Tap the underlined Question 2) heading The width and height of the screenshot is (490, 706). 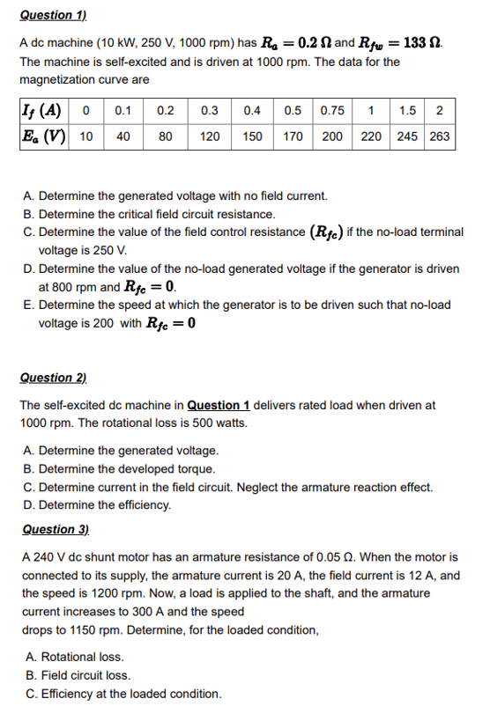(x=54, y=378)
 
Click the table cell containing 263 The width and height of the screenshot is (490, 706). (x=440, y=137)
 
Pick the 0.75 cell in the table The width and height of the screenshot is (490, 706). (x=332, y=111)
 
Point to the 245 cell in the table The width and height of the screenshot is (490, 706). (x=407, y=137)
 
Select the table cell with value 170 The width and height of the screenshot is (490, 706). (x=293, y=137)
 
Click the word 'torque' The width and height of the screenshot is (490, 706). (x=196, y=469)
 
